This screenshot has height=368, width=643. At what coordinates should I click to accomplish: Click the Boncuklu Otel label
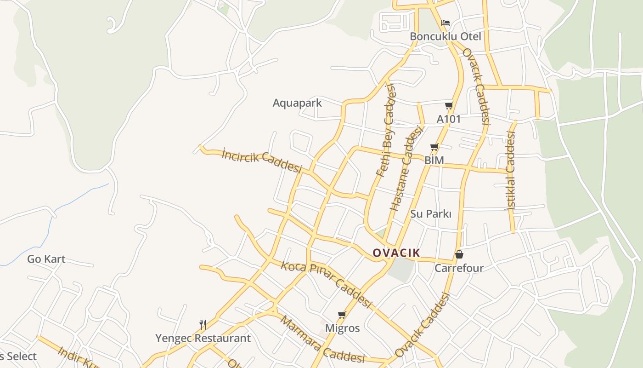point(445,36)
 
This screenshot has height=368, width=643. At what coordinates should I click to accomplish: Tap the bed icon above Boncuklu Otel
point(445,23)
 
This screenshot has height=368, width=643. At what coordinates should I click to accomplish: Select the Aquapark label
point(297,103)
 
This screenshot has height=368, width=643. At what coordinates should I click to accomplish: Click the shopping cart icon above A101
point(449,106)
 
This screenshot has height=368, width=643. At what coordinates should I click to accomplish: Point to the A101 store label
point(448,119)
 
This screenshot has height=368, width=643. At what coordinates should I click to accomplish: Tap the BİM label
point(434,160)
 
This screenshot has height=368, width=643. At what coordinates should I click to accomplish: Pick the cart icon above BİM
point(434,147)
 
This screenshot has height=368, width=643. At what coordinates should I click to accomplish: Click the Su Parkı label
point(431,214)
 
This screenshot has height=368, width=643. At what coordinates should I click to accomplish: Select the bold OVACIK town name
point(396,253)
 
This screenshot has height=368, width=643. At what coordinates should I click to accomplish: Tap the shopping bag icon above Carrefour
point(459,254)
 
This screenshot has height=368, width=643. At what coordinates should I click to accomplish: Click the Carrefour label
point(459,268)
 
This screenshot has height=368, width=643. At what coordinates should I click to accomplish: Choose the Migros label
point(342,328)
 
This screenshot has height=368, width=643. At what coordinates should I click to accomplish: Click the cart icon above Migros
point(342,315)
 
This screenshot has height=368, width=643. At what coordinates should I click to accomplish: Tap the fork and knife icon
point(203,325)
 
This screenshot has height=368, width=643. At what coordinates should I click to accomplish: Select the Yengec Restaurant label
point(203,339)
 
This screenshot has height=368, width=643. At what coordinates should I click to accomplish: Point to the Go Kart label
point(46,259)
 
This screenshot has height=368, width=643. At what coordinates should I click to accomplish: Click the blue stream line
point(51,225)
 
